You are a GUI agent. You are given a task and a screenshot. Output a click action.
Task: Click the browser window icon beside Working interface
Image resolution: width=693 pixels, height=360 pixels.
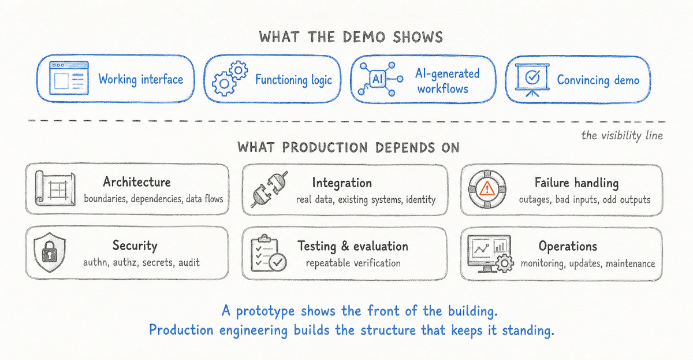coord(69,78)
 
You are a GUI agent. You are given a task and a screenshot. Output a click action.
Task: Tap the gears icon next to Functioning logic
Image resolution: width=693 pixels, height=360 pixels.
coord(230,79)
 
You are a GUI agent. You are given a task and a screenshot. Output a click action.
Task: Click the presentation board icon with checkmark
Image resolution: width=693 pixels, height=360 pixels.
coord(532,80)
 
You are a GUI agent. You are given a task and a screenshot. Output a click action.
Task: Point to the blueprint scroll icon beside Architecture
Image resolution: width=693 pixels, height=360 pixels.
coord(55,188)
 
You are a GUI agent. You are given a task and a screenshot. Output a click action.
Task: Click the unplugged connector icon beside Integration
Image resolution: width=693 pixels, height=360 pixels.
coord(269,189)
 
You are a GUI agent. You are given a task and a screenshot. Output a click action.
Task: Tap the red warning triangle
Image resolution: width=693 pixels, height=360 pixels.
coord(487,188)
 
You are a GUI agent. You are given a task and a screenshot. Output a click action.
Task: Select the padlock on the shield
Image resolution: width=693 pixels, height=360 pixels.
coord(50,252)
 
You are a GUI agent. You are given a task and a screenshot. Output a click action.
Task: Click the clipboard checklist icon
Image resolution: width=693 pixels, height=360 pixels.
coord(269,253)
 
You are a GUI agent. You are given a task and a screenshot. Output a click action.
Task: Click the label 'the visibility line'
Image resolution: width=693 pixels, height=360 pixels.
coord(622,136)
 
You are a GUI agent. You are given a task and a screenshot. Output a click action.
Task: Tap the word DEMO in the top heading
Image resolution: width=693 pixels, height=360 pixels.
coord(364,37)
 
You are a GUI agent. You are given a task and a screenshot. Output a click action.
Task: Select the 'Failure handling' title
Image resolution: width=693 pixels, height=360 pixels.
coord(577,183)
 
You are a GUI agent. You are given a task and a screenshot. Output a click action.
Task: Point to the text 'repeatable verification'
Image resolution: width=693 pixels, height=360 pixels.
coord(353,263)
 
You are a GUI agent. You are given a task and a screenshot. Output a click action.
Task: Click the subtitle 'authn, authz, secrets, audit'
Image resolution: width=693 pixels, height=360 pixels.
coord(141,262)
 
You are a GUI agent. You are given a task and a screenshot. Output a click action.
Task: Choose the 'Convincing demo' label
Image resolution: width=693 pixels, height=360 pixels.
coord(598,80)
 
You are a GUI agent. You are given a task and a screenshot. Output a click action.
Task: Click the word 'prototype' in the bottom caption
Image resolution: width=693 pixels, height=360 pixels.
coord(266,311)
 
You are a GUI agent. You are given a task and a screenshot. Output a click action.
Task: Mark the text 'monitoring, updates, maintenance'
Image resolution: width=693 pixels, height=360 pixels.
coord(588,263)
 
